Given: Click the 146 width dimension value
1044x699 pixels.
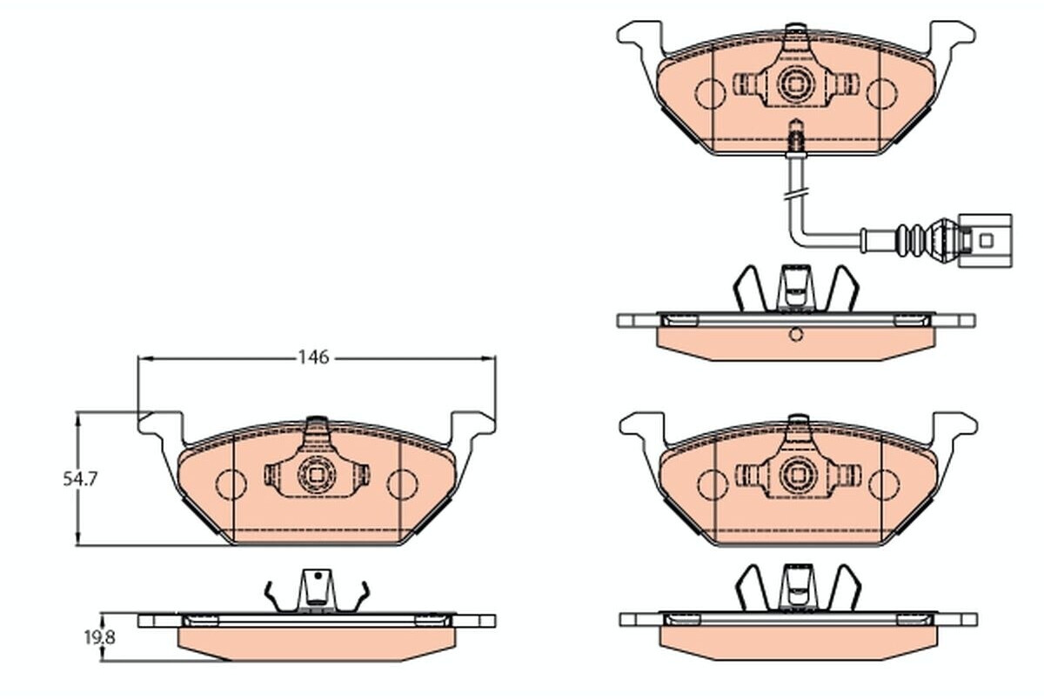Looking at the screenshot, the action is [x=314, y=357].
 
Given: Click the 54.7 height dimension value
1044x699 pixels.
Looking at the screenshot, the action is [x=80, y=479].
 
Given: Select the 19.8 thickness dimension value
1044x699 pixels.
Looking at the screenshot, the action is [x=99, y=637].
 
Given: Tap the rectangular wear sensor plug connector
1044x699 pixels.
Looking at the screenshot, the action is [x=985, y=241].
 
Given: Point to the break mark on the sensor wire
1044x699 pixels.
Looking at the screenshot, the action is [x=798, y=193].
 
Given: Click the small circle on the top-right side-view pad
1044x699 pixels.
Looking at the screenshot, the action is [x=796, y=335].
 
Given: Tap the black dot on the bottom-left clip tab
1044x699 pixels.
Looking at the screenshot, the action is [x=318, y=576].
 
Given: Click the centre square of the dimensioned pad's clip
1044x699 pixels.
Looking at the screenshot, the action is [x=317, y=475].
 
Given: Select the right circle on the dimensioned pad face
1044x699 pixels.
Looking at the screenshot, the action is [x=403, y=485].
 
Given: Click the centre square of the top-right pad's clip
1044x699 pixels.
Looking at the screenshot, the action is [x=795, y=83].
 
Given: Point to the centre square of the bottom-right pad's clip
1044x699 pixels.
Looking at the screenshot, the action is [x=798, y=475].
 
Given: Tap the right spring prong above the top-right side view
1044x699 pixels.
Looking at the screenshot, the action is [x=842, y=289].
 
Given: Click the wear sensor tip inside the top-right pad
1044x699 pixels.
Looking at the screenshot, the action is [x=795, y=133].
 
